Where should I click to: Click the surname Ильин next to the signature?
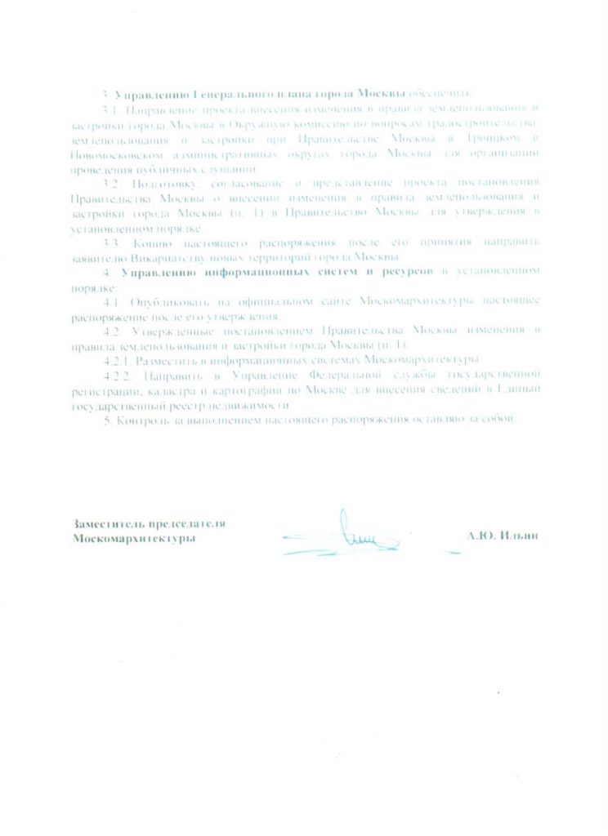tap(519, 536)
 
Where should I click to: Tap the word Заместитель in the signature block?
tap(105, 524)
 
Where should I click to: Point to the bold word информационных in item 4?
tap(237, 272)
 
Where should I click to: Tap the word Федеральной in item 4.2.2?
tap(361, 376)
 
